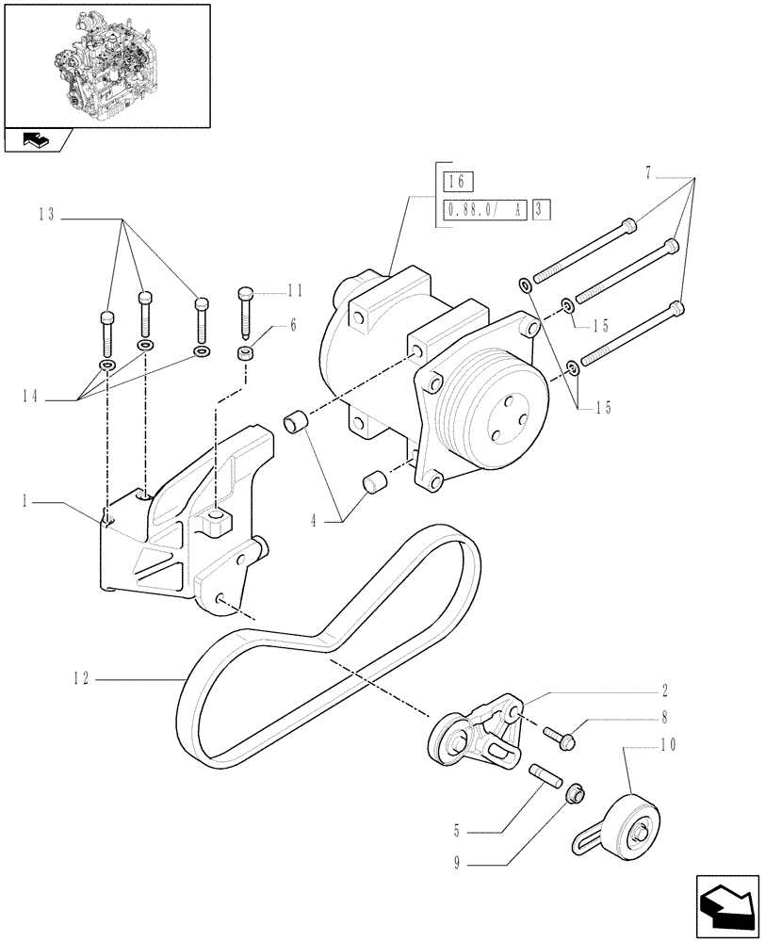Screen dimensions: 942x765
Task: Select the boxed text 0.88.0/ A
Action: (481, 209)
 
